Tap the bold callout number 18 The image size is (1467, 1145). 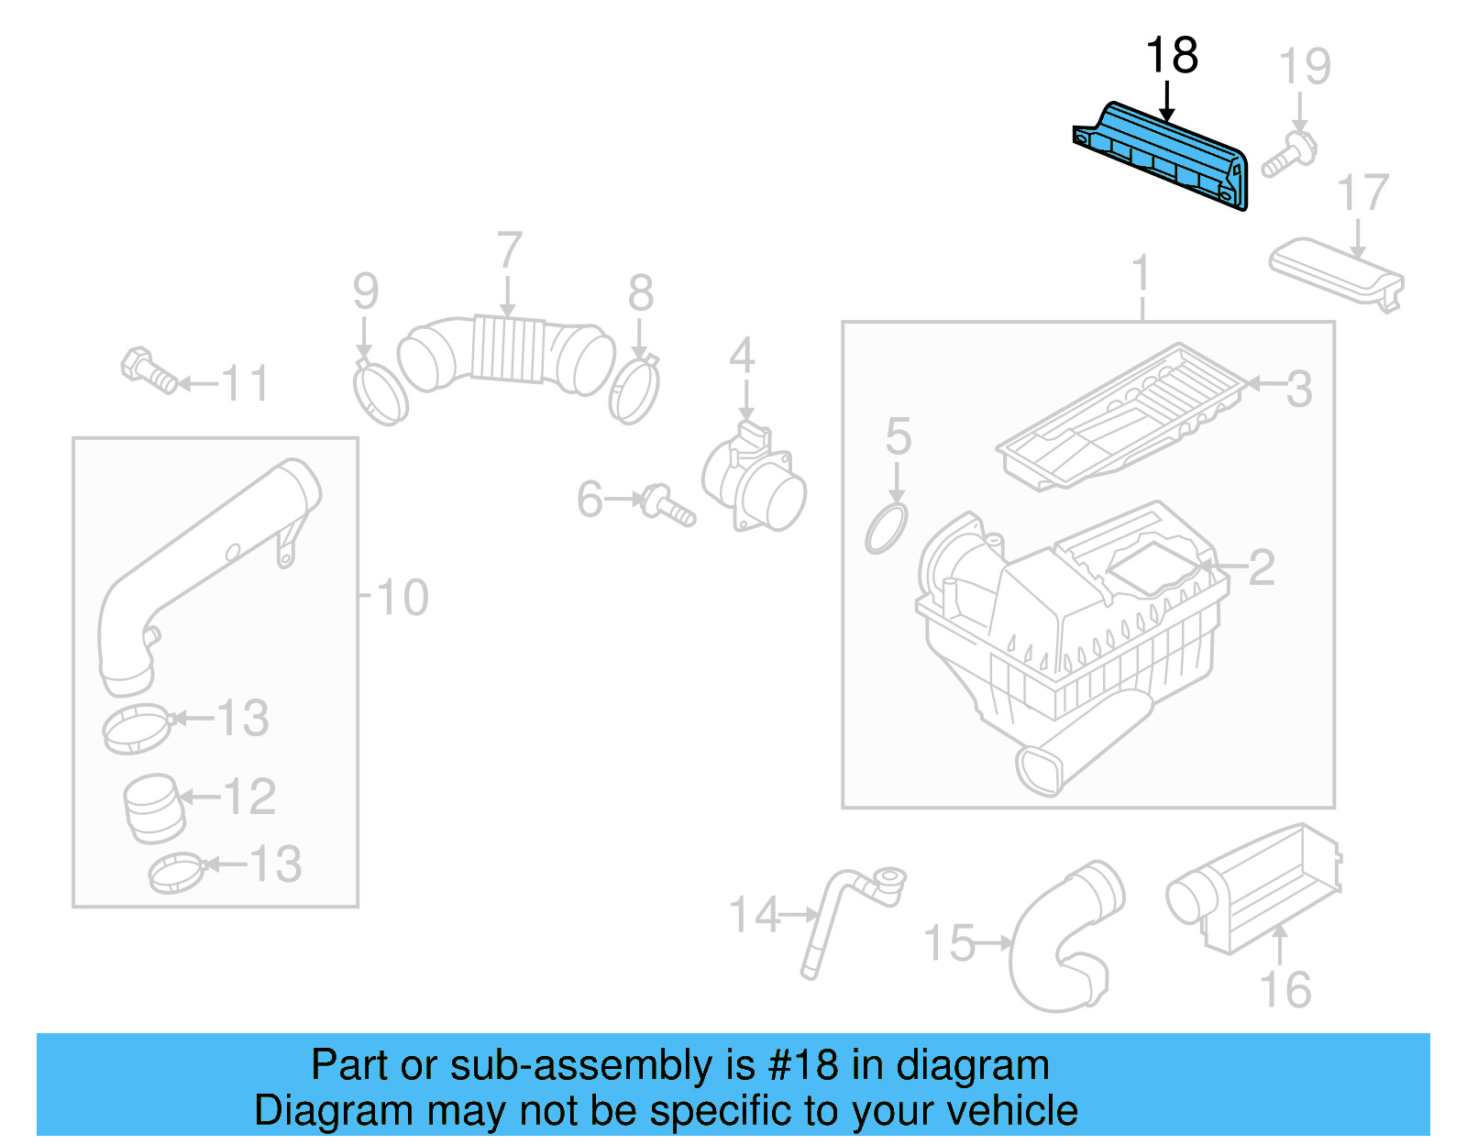click(x=1172, y=56)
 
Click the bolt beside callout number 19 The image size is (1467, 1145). click(x=1287, y=156)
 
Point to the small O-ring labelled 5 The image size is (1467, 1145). click(x=886, y=528)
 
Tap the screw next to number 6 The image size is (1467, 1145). click(x=669, y=507)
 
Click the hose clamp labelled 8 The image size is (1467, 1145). click(x=634, y=389)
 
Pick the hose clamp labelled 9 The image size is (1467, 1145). click(x=380, y=394)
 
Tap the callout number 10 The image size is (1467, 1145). click(x=402, y=598)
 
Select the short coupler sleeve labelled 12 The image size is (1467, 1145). click(x=153, y=808)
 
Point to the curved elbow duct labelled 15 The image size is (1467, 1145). click(x=1064, y=944)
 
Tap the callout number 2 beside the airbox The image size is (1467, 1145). click(x=1262, y=568)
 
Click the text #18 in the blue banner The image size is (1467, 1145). click(x=803, y=1065)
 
